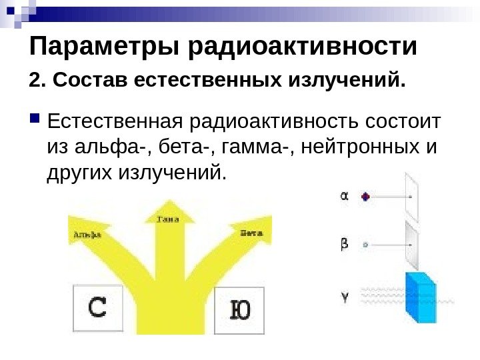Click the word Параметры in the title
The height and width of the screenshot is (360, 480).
point(105,48)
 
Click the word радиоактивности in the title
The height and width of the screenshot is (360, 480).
point(303,48)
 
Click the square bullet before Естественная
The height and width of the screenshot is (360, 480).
point(35,123)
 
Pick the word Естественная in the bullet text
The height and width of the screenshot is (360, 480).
point(117,123)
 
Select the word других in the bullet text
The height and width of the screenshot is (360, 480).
point(79,173)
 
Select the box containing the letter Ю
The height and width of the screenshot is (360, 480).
point(239,310)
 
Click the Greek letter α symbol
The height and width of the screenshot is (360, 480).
point(345,197)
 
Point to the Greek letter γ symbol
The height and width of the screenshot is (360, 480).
point(345,297)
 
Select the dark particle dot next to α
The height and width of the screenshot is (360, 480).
point(365,197)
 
